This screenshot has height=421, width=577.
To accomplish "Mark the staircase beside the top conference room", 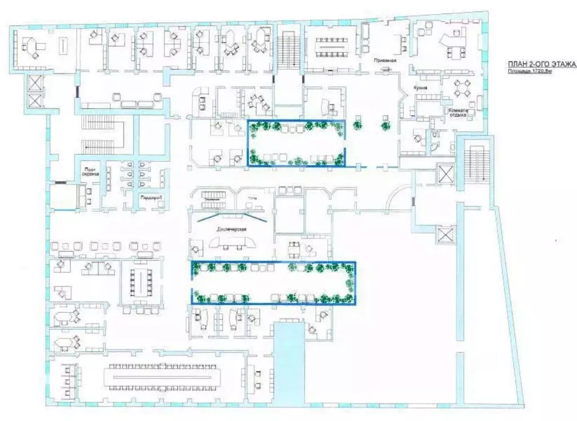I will [289, 51].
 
